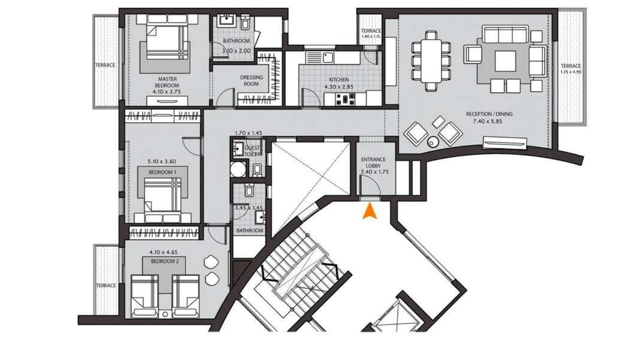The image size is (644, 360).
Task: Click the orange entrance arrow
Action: [x=370, y=211]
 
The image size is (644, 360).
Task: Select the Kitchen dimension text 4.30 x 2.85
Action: [x=338, y=87]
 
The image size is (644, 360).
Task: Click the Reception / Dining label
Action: [x=489, y=114]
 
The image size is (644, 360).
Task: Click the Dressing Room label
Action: [x=252, y=80]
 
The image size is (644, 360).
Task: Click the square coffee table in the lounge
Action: [x=505, y=60]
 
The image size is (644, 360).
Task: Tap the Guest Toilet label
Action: [x=252, y=151]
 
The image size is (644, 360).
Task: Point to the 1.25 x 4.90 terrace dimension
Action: [x=570, y=72]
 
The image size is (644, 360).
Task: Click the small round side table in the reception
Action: [x=433, y=142]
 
